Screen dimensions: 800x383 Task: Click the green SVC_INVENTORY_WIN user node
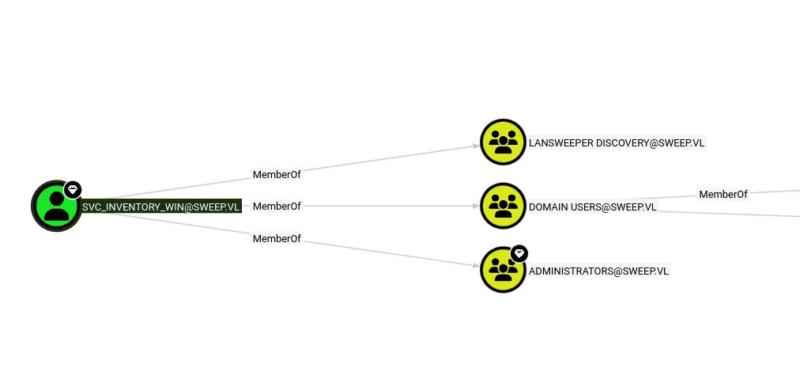coord(56,206)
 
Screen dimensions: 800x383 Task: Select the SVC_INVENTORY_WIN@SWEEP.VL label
coord(160,207)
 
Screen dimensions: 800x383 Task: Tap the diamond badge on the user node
coord(73,190)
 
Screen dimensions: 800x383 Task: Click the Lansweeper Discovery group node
coord(503,142)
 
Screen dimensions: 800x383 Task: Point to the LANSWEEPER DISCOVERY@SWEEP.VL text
coord(617,143)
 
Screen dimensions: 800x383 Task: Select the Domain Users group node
coord(503,206)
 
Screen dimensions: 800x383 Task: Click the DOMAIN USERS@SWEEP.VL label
coord(592,207)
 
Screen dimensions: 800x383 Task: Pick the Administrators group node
coord(503,270)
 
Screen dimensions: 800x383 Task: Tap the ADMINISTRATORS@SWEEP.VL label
coord(598,271)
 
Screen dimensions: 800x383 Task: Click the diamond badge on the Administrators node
coord(519,253)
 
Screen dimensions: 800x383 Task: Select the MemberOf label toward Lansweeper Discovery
coord(277,175)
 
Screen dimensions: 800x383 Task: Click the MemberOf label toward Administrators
coord(277,238)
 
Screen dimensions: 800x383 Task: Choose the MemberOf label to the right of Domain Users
coord(723,194)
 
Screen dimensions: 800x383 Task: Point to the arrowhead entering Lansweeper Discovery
coord(477,146)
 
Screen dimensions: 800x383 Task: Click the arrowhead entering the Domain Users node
coord(477,206)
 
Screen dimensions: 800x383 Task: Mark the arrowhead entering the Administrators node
coord(477,266)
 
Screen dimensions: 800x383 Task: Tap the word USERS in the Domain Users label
coord(585,207)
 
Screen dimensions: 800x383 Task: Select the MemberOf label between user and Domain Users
coord(277,207)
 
